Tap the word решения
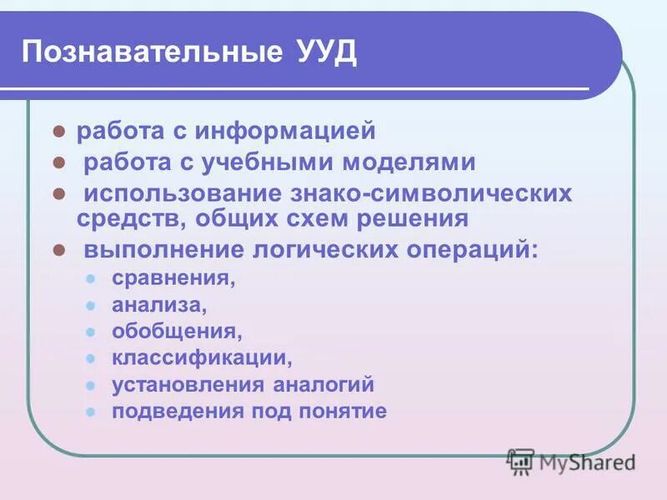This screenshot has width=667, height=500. point(409,219)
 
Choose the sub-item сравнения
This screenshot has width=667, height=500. point(173,278)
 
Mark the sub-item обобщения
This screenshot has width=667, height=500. point(177,332)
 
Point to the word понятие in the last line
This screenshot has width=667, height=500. point(348,412)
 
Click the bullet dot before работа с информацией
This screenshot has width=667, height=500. point(60,132)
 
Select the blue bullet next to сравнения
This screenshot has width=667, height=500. point(92,278)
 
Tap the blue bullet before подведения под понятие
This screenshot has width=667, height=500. point(92,412)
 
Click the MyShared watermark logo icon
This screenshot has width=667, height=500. point(520,461)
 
